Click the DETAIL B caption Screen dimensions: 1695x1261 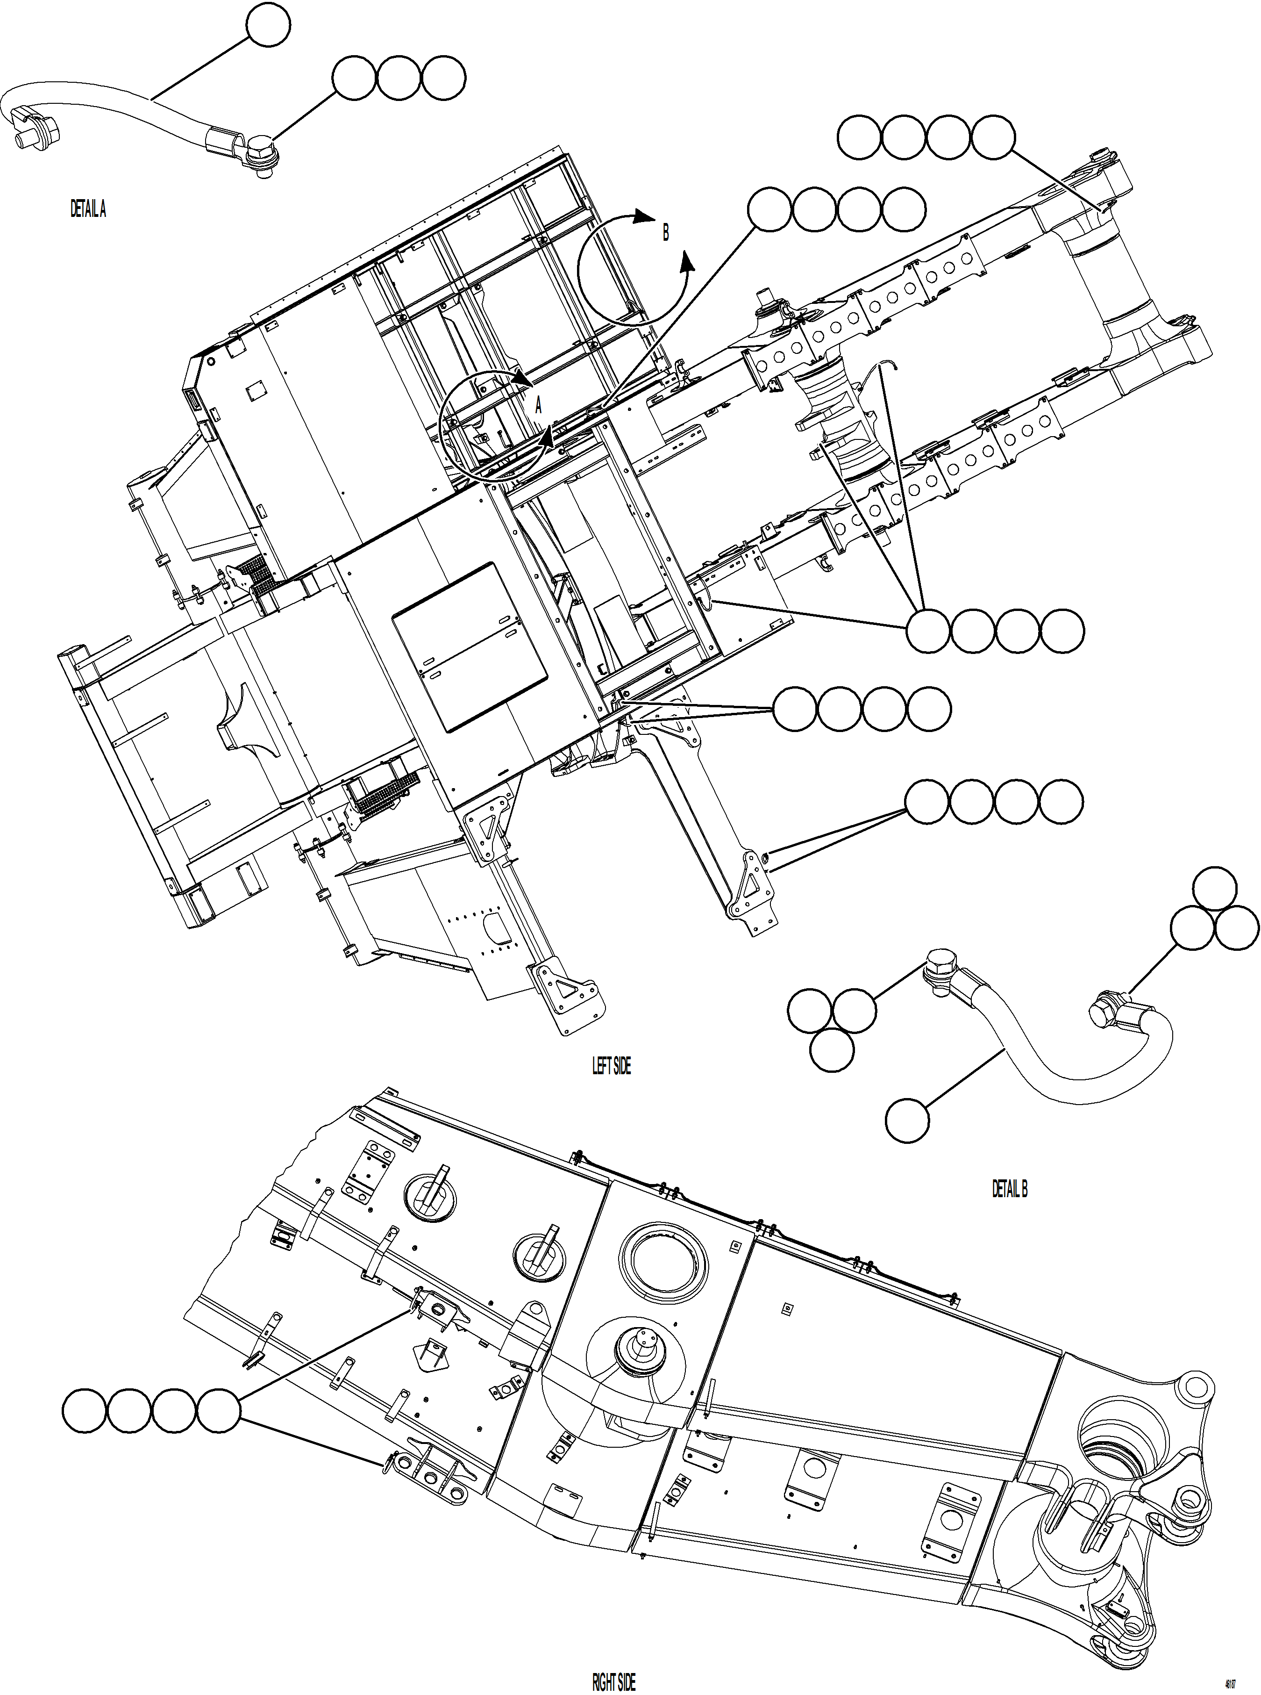coord(1009,1189)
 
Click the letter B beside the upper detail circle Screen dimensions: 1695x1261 coord(665,233)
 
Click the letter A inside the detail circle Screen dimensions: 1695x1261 coord(538,405)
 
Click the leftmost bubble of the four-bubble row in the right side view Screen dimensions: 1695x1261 coord(85,1410)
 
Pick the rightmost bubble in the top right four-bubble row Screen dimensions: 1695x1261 coord(993,137)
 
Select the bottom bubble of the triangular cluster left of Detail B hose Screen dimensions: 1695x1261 coord(831,1049)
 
